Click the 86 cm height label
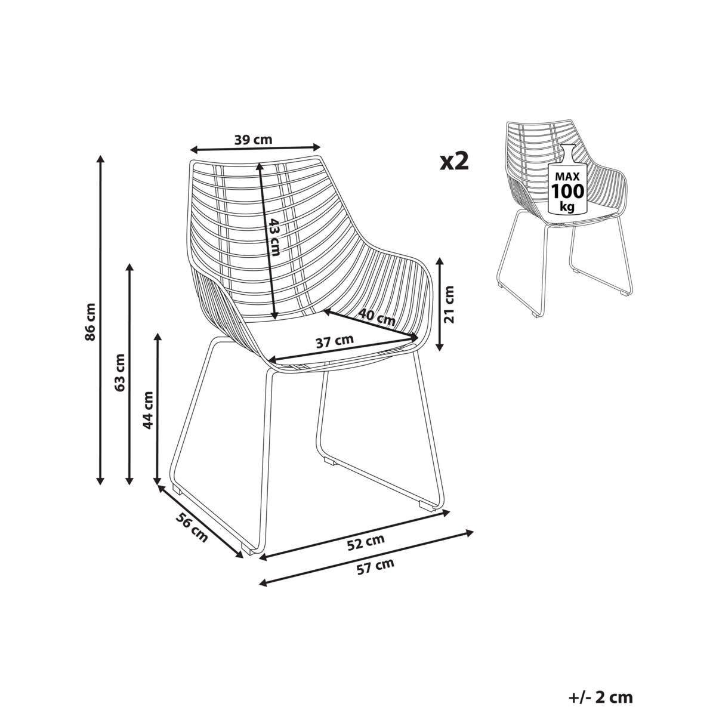tap(90, 322)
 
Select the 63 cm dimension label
tap(120, 372)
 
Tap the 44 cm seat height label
tap(148, 410)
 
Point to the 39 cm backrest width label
tap(254, 140)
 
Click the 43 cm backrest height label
tap(274, 237)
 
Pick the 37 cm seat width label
tap(334, 341)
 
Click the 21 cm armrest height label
tap(449, 304)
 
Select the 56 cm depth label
tap(192, 527)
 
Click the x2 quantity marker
tap(454, 161)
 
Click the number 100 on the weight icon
tap(567, 192)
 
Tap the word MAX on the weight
tap(567, 177)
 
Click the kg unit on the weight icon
tap(567, 206)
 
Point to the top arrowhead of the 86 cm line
tap(100, 159)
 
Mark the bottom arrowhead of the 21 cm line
tap(440, 347)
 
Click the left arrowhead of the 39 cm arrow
tap(195, 150)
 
